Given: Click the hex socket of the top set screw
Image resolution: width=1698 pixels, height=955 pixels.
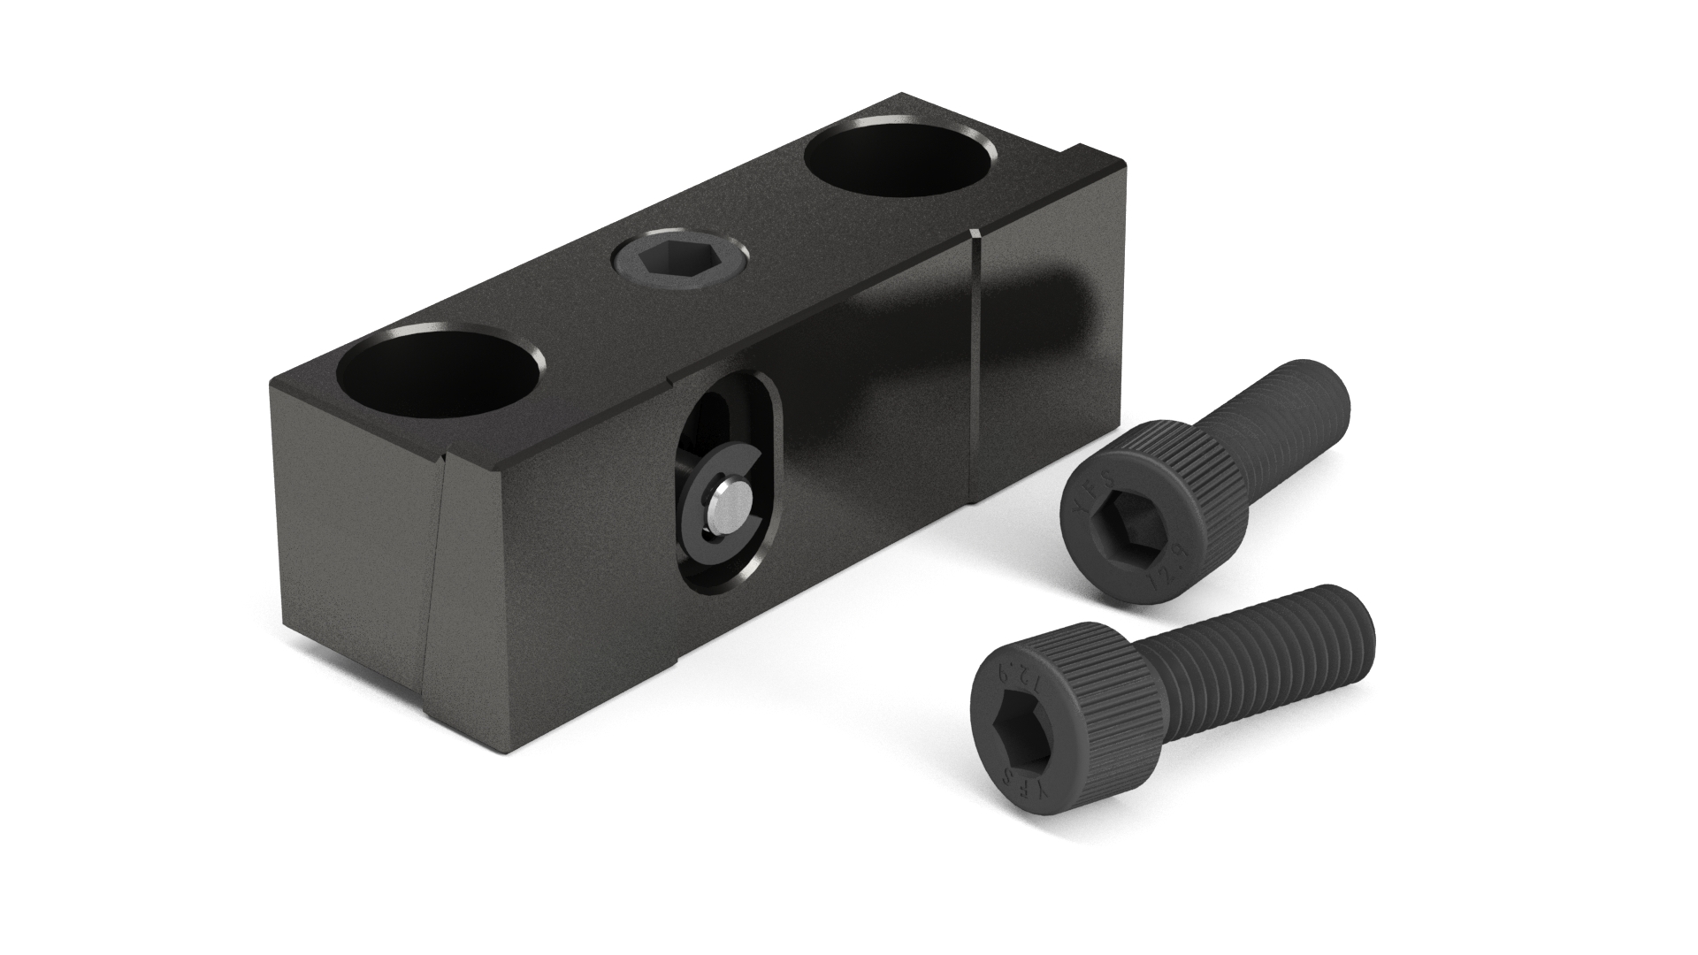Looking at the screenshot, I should tap(679, 264).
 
